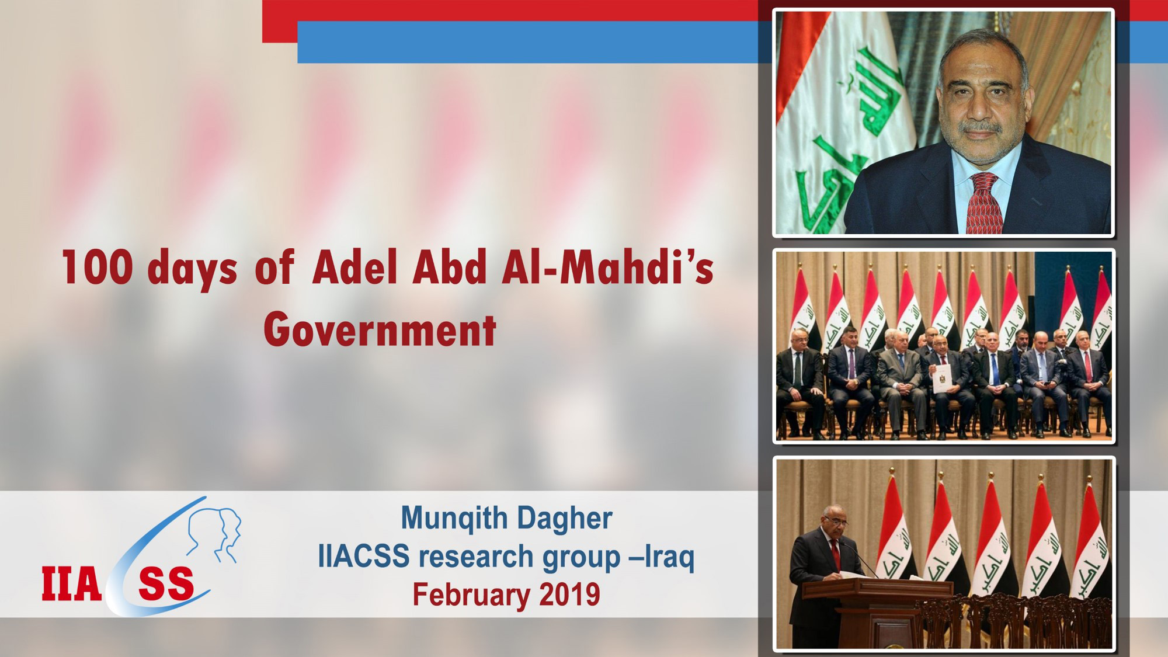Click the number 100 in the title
(97, 267)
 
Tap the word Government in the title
(380, 330)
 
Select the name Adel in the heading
(354, 267)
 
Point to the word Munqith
(454, 519)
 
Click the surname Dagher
(564, 519)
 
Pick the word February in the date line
(471, 595)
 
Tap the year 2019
(569, 595)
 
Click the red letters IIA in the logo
(71, 584)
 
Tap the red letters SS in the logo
(166, 584)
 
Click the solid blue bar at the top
(526, 43)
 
